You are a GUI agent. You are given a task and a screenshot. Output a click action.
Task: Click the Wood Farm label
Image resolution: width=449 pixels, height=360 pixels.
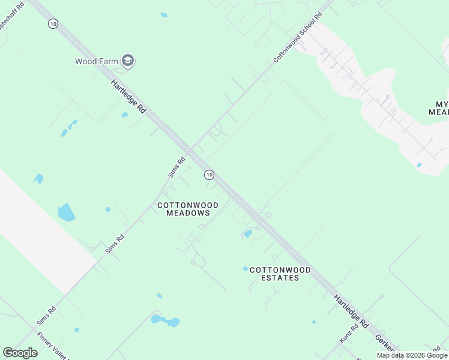pos(96,61)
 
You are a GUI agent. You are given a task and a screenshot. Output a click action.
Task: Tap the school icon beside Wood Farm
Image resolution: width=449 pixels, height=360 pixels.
pos(127,61)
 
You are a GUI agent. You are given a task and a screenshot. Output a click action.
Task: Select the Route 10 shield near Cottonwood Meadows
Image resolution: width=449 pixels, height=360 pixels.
pos(208,175)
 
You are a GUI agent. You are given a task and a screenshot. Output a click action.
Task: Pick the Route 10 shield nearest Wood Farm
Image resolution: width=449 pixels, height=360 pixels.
pos(54,23)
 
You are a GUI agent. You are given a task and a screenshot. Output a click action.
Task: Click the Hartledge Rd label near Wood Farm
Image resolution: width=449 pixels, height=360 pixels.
pos(128,97)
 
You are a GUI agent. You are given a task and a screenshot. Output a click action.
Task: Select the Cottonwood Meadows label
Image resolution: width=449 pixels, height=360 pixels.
pos(188,209)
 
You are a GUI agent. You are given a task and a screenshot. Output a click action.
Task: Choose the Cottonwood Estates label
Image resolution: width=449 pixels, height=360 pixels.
pos(274,274)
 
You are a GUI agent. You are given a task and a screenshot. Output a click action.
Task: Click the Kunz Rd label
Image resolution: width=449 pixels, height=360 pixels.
pos(349,333)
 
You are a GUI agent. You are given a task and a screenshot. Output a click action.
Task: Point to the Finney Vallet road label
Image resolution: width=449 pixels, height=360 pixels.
pos(53,346)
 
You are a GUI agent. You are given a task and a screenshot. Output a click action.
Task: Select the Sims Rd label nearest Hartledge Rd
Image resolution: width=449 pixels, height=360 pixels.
pos(177,166)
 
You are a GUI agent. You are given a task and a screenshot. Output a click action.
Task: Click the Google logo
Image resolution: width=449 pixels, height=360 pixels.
pos(20,353)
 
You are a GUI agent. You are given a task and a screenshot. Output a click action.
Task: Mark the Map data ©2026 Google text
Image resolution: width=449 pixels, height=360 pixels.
pos(412,355)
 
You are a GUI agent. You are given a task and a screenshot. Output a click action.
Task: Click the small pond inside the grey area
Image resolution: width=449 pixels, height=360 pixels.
pos(418,165)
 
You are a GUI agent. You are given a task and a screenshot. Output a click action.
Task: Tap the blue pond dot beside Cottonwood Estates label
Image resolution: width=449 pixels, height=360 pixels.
pos(245,268)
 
